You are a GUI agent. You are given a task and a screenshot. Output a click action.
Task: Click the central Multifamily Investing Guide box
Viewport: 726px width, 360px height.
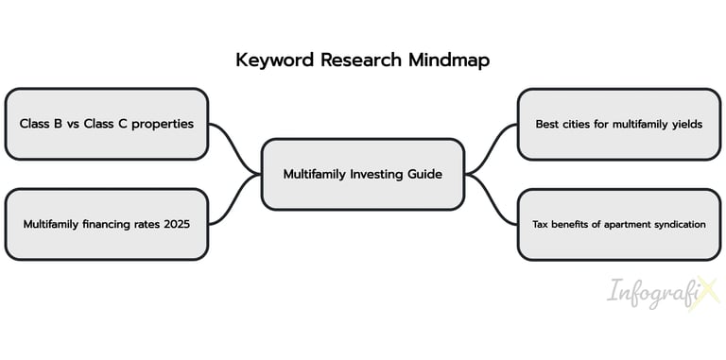pos(362,174)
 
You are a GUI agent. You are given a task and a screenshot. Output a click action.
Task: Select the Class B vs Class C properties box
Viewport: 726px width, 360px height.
pos(106,124)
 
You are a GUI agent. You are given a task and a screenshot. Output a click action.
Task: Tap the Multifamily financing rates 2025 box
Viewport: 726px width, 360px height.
pos(106,224)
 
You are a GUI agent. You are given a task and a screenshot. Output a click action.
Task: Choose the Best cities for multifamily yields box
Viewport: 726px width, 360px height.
pos(619,124)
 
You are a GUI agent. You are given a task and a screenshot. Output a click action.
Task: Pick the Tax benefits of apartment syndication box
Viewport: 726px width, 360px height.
pos(619,224)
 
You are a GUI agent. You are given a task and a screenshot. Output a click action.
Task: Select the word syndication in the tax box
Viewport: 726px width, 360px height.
pos(677,224)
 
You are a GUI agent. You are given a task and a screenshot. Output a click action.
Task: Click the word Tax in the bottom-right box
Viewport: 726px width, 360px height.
pos(541,224)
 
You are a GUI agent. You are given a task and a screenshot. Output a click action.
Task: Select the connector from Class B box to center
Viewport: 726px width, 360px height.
pos(234,146)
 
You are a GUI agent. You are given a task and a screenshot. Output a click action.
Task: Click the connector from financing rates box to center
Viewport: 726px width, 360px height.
pos(234,200)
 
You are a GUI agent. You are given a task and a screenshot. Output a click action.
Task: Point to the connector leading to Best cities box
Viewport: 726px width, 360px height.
pos(492,146)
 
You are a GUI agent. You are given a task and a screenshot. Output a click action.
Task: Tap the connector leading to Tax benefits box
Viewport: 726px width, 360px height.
pos(492,200)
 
